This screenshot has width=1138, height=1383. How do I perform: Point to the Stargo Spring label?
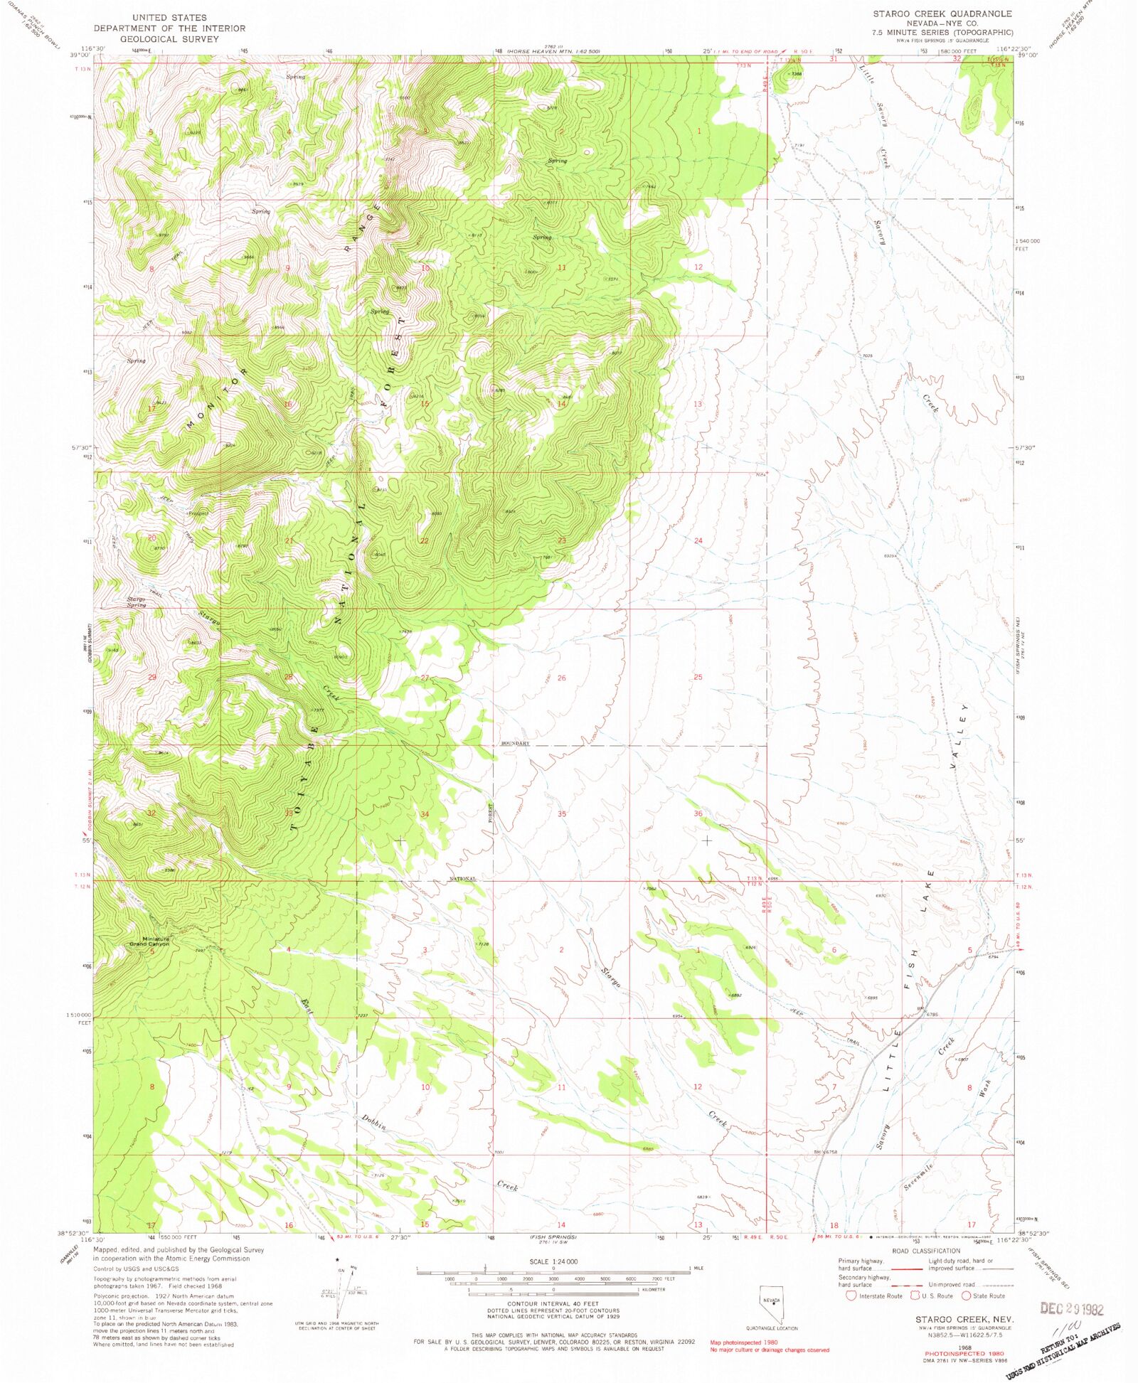[x=137, y=602]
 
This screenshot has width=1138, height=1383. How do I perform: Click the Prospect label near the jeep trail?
[x=198, y=513]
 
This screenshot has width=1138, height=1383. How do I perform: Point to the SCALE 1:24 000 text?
[x=553, y=1261]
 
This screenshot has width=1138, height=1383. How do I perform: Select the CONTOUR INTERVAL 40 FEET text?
[x=553, y=1305]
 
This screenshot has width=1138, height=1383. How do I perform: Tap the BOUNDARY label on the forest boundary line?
[x=515, y=743]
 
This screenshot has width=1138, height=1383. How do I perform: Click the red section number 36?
[x=698, y=813]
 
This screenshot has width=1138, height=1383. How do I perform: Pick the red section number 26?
[x=561, y=678]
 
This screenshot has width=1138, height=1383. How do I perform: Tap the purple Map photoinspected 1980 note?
[x=744, y=1342]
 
